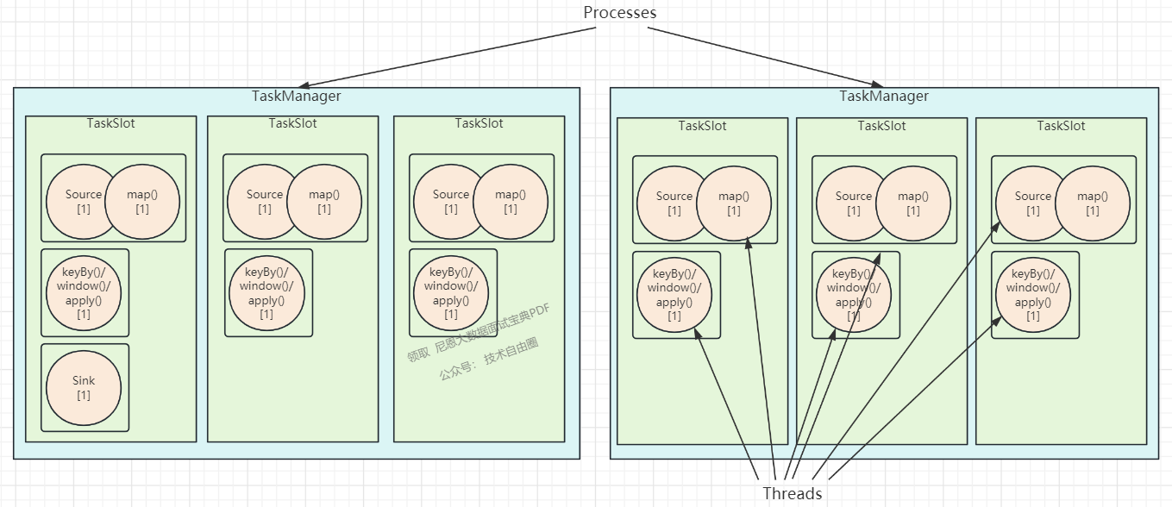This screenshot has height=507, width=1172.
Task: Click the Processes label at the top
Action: tap(619, 13)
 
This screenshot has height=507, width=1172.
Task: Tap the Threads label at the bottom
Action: tap(792, 493)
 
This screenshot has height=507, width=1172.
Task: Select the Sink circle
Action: tap(84, 388)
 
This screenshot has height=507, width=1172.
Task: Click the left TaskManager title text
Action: tap(296, 96)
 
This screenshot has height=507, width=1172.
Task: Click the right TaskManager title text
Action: tap(884, 96)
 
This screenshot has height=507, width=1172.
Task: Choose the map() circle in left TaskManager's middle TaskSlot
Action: tap(324, 202)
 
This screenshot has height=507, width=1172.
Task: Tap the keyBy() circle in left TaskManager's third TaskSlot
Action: tap(451, 293)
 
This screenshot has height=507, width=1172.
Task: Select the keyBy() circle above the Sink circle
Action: tap(84, 293)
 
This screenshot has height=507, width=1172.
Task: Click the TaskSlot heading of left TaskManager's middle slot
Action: tap(292, 123)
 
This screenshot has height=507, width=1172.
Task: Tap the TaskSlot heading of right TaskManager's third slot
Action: tap(1061, 126)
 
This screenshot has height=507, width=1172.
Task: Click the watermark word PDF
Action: tap(538, 312)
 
